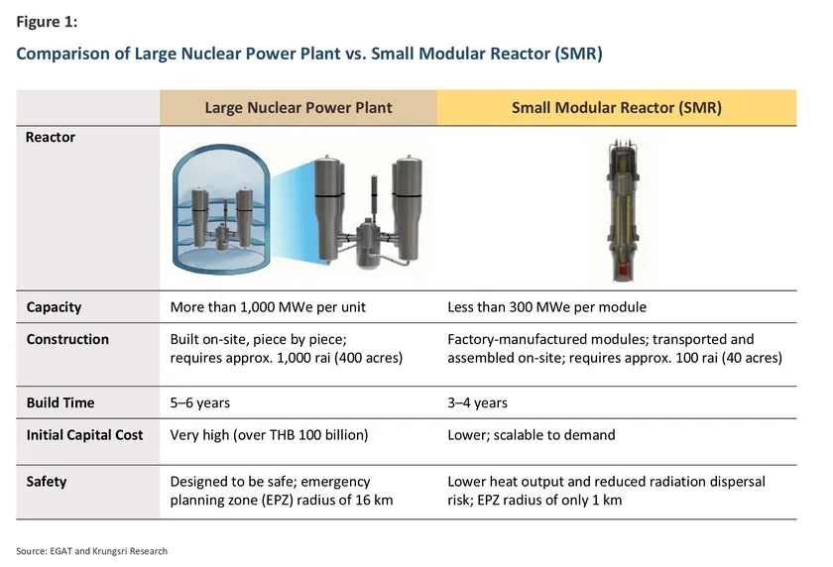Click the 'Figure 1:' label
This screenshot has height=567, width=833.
(x=47, y=22)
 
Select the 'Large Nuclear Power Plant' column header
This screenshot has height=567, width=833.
(x=298, y=108)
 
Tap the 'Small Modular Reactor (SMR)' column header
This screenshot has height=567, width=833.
(x=617, y=108)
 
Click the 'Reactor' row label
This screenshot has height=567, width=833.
(x=51, y=137)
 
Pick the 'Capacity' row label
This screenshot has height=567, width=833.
(x=54, y=307)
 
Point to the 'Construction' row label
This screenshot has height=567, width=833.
(x=67, y=339)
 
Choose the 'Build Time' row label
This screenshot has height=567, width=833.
(x=60, y=403)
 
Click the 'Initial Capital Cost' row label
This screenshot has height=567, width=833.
(x=84, y=435)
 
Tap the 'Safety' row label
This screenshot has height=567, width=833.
(x=47, y=482)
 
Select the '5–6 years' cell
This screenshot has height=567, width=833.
(x=200, y=403)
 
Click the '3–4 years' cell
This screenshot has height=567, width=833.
(x=478, y=403)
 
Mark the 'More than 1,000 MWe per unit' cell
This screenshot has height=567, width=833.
(x=268, y=307)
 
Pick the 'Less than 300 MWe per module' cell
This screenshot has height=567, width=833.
(x=547, y=307)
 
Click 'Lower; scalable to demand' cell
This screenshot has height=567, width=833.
(x=532, y=435)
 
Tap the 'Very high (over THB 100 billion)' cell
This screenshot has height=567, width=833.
(x=270, y=435)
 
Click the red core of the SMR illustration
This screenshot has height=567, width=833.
(x=623, y=270)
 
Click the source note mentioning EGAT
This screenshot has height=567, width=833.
(x=91, y=551)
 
